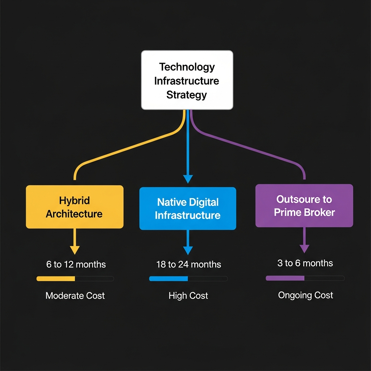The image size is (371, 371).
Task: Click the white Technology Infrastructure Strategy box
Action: tap(187, 80)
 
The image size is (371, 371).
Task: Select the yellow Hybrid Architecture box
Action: tap(75, 207)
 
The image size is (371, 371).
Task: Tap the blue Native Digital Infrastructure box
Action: tap(188, 209)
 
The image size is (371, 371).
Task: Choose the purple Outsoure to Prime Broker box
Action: tap(304, 206)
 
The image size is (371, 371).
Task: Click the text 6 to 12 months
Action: tap(76, 264)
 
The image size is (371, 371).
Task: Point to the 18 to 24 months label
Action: tap(188, 264)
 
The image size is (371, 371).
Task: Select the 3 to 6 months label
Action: tap(305, 263)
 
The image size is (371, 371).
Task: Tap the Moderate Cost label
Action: tap(75, 296)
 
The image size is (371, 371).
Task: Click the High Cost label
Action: tap(188, 296)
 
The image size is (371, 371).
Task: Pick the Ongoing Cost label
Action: tap(305, 295)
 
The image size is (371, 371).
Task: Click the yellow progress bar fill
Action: tap(56, 279)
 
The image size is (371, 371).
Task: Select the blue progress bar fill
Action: tap(168, 279)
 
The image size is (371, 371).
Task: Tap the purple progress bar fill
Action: tap(285, 278)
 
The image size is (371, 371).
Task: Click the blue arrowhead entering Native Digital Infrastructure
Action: tap(188, 179)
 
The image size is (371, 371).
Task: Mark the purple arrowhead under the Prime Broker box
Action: tap(304, 249)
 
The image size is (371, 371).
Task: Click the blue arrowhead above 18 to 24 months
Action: tap(188, 250)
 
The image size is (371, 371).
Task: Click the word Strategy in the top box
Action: tap(187, 95)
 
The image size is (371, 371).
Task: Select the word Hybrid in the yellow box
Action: tap(74, 200)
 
